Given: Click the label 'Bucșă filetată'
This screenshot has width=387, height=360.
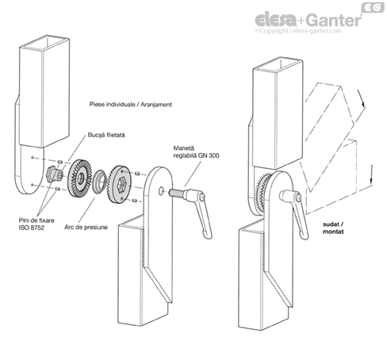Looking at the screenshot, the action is tap(106, 135).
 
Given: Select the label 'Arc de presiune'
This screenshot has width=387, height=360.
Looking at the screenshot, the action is tap(86, 227).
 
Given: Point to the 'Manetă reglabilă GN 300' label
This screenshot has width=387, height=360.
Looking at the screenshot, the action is tap(196, 152).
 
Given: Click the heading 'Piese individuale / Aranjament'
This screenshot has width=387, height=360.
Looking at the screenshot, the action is tap(131, 105).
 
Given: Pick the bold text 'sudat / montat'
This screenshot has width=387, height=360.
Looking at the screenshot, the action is tap(333, 228).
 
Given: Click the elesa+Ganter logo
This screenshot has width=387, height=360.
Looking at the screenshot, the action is tap(308, 20).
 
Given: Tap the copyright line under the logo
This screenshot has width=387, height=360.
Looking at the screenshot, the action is tap(298, 31).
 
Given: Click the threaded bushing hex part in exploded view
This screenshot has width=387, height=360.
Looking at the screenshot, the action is tap(54, 174).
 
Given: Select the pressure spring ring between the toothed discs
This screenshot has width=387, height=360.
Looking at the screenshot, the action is tap(99, 182).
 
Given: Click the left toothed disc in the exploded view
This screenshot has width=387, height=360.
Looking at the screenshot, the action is tap(79, 179).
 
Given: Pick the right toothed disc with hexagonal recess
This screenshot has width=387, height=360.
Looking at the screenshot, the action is tap(120, 184).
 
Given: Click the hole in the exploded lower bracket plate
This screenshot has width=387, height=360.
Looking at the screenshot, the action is tap(161, 191).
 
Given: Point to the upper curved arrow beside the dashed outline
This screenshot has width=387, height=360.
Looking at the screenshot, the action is tap(361, 98).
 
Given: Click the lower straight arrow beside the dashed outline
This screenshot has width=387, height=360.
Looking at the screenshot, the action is tap(371, 174).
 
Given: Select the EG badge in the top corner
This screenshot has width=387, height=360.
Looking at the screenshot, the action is tap(373, 7).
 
